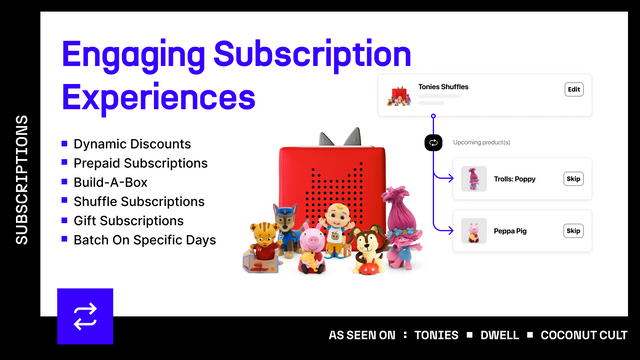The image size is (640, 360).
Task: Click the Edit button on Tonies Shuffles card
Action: (x=574, y=90)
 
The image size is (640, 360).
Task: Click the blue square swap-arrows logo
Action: (x=85, y=316)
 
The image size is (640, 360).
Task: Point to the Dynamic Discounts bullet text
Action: (x=131, y=144)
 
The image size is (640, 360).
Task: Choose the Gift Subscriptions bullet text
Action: (x=128, y=220)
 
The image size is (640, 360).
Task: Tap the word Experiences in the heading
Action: (x=158, y=97)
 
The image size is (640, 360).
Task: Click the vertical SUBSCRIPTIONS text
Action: (x=22, y=180)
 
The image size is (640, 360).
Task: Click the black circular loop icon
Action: (x=432, y=142)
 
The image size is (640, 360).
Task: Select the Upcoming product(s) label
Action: (x=482, y=142)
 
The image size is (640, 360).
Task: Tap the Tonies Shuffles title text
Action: (x=443, y=87)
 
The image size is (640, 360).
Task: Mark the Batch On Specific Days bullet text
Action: (x=144, y=240)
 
